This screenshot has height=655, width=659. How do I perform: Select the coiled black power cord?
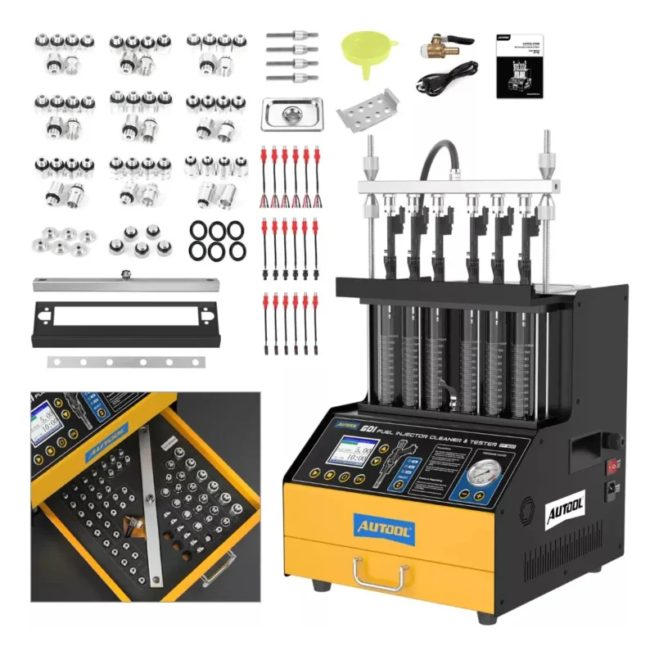(x=443, y=80)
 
